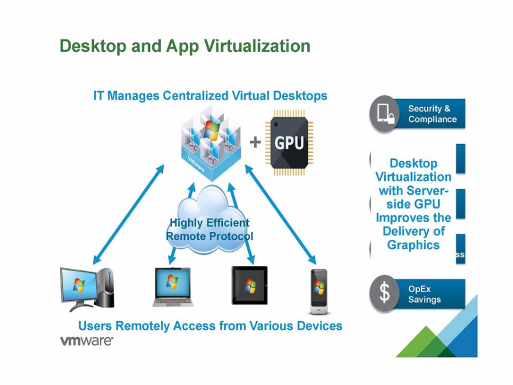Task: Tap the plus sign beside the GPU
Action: click(255, 143)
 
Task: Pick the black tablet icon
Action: click(249, 285)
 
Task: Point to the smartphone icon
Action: click(319, 291)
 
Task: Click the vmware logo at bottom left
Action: click(87, 342)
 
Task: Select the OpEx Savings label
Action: click(425, 294)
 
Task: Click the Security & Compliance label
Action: click(432, 114)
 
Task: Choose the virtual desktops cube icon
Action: click(205, 142)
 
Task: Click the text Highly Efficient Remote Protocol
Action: click(209, 230)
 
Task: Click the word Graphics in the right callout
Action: click(413, 245)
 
